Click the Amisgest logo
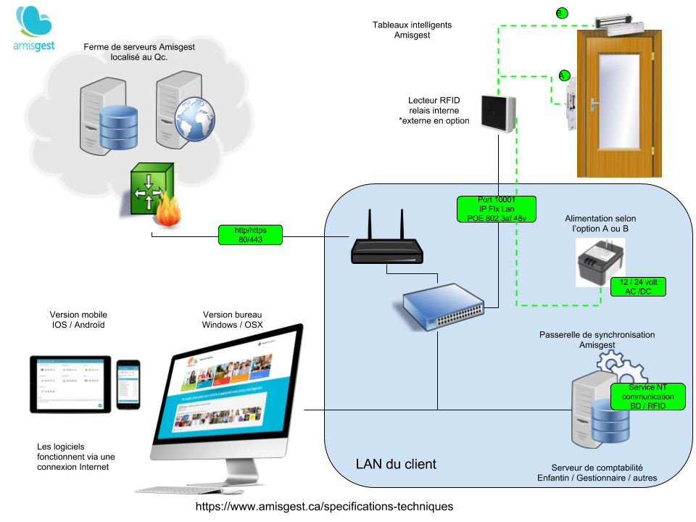pos(34,29)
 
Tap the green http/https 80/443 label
pos(249,234)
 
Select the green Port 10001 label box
pos(497,209)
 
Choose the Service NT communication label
pos(647,397)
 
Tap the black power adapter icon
pos(600,262)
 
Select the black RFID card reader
pos(498,114)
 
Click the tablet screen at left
pos(70,384)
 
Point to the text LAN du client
pos(396,464)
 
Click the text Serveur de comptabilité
pos(597,468)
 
